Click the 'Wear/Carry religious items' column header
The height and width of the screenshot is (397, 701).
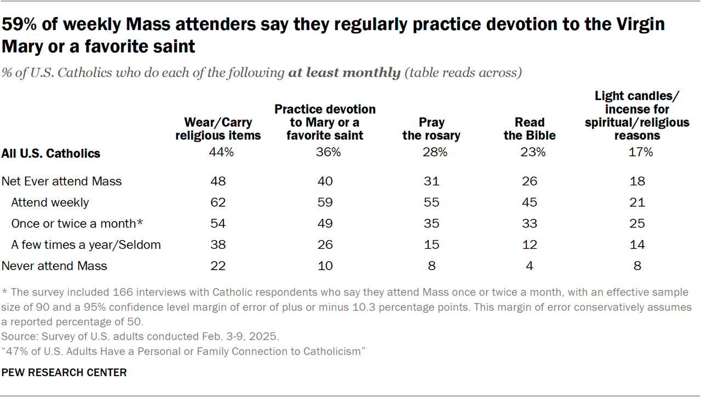point(219,129)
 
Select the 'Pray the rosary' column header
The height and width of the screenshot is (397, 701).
point(431,129)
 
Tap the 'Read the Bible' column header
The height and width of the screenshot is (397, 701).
point(530,129)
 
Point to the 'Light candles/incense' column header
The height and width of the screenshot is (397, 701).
point(637,115)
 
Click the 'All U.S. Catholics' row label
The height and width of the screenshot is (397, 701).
point(51,153)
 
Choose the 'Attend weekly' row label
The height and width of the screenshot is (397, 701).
point(50,202)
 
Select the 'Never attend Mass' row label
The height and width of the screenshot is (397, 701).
point(55,266)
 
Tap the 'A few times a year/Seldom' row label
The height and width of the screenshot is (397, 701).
point(86,244)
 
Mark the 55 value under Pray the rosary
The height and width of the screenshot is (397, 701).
point(431,202)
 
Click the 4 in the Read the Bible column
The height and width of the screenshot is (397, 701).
point(530,266)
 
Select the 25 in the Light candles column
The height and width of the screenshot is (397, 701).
point(637,223)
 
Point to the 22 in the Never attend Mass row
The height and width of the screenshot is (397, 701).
point(219,266)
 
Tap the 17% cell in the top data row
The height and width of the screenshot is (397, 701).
point(637,153)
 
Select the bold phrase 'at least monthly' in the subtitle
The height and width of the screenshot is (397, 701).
point(344,73)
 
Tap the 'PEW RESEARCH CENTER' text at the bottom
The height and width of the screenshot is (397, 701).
point(64,372)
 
